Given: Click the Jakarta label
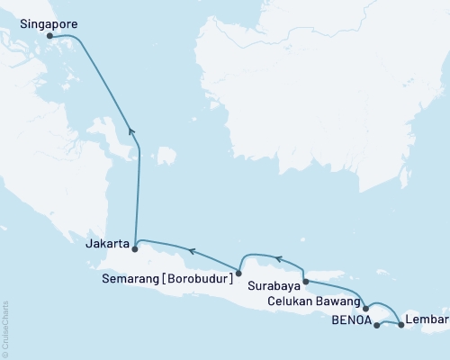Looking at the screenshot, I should pyautogui.click(x=107, y=243).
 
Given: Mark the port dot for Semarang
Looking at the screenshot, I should pyautogui.click(x=238, y=272).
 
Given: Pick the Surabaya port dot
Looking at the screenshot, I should pyautogui.click(x=306, y=282).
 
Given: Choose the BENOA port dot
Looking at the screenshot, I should pyautogui.click(x=376, y=325).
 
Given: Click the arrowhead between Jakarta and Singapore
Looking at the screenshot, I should pyautogui.click(x=132, y=131).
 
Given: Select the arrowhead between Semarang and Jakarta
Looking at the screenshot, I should pyautogui.click(x=191, y=248).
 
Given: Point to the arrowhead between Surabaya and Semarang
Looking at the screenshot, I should pyautogui.click(x=279, y=259).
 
